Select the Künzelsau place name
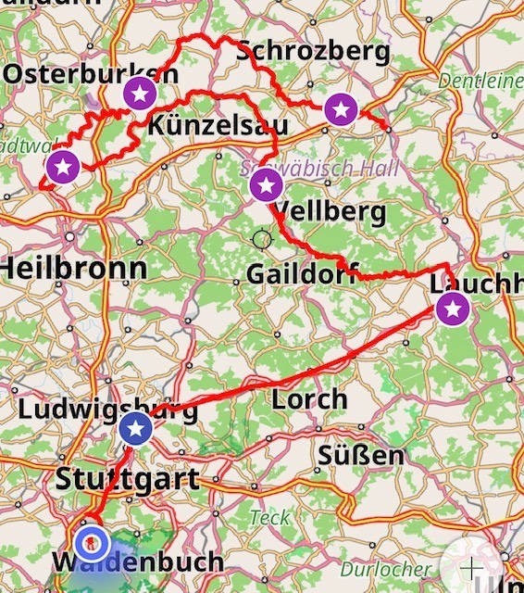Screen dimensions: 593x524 tap(218, 125)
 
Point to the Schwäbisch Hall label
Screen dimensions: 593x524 tap(318, 169)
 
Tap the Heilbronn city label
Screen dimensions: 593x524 tap(73, 269)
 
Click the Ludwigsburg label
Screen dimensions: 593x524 tap(107, 410)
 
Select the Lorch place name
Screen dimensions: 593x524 tap(309, 400)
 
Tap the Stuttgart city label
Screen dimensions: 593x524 tap(127, 479)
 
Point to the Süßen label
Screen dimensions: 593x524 tap(360, 456)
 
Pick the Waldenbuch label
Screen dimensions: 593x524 tap(138, 561)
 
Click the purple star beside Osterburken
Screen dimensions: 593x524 tap(140, 93)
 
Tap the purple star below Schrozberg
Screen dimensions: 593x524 tap(341, 110)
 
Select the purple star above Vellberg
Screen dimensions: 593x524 tap(266, 185)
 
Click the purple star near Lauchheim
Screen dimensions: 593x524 tap(453, 309)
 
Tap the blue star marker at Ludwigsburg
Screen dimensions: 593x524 tap(136, 428)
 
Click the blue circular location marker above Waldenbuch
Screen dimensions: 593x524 tap(92, 544)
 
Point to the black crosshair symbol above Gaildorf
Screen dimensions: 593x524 tap(262, 240)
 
